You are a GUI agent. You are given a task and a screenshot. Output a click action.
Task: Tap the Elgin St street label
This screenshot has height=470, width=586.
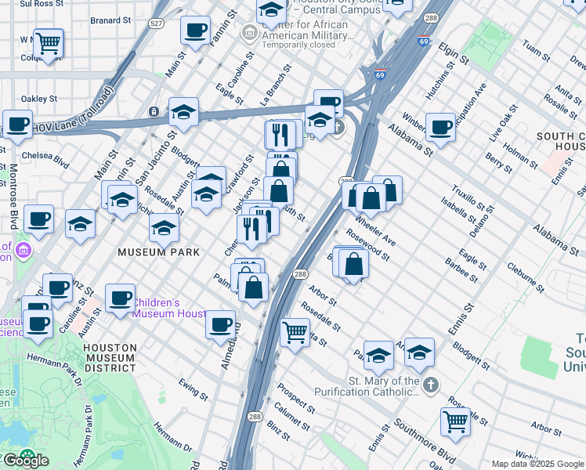454,54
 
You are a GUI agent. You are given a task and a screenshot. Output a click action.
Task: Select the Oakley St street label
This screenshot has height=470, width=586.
38,99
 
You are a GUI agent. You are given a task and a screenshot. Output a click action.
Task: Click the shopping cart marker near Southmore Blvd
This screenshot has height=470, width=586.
455,421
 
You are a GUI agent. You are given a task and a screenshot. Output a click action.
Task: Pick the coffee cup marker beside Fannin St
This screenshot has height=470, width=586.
195,30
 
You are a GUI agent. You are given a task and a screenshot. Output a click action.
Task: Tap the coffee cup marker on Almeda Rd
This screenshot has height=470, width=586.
221,323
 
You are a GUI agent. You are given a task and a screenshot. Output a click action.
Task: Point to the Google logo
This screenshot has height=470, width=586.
25,460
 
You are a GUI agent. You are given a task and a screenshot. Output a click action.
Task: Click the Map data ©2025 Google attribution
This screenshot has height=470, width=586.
537,464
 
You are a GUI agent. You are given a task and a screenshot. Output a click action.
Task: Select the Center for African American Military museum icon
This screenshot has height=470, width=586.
249,33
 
